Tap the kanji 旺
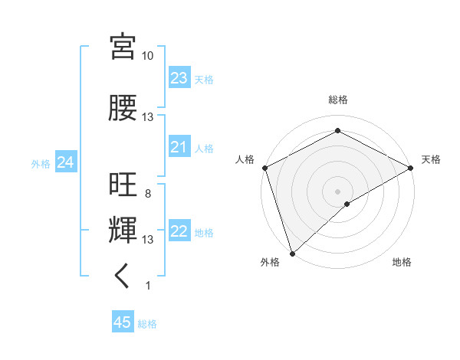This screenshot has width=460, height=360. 123,185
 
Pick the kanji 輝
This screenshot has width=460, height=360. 123,230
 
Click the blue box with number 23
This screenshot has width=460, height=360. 179,78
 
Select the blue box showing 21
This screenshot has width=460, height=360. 179,147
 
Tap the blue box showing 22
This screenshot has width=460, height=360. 179,232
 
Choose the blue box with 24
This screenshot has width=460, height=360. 65,162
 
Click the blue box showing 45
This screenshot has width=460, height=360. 123,322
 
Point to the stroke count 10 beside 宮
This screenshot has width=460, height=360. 147,56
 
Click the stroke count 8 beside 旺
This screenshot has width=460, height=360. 147,194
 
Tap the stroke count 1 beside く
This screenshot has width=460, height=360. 147,286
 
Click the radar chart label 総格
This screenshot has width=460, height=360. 337,100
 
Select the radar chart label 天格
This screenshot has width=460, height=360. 431,159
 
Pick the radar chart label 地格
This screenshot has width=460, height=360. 402,262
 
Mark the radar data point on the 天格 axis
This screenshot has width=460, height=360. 410,167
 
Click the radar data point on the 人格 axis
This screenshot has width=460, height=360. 264,167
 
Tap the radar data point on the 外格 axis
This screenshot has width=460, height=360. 292,253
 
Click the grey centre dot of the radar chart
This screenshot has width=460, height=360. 337,191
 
